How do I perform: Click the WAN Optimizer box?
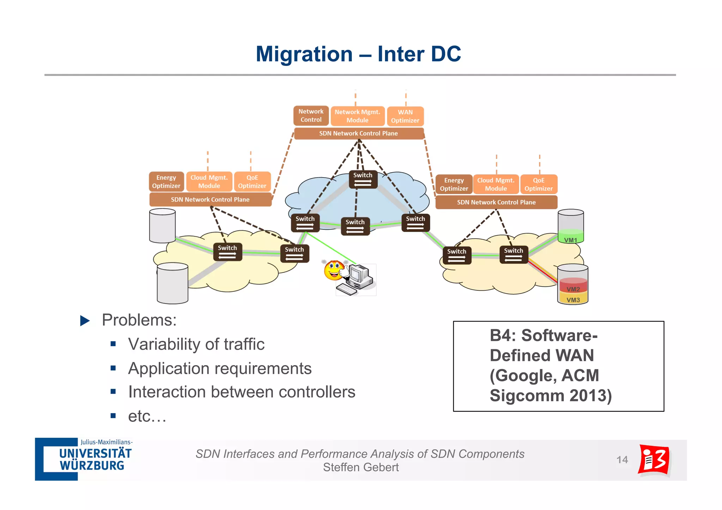[x=405, y=116]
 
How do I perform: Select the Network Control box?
[x=311, y=116]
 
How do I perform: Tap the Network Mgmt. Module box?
[x=357, y=116]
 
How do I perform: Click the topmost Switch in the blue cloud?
[x=363, y=179]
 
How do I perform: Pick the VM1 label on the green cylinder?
[x=570, y=240]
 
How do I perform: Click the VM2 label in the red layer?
[x=573, y=289]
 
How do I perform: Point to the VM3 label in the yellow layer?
[x=573, y=300]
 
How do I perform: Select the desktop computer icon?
[x=358, y=279]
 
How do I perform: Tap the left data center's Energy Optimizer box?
[x=166, y=182]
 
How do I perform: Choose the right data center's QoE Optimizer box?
[x=538, y=184]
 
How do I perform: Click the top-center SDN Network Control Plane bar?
[x=359, y=134]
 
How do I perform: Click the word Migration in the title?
[x=304, y=54]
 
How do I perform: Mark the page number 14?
[x=622, y=460]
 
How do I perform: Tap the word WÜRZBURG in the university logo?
[x=92, y=466]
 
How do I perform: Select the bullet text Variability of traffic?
[x=196, y=344]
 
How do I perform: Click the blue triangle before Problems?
[x=85, y=320]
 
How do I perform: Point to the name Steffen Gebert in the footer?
[x=361, y=467]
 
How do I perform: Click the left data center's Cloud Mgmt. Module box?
[x=209, y=182]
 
